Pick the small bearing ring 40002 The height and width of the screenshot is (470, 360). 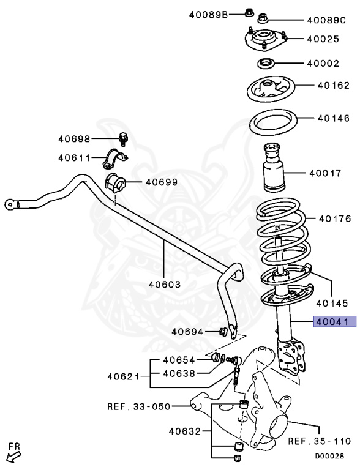(265, 62)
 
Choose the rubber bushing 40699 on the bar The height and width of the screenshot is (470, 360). (114, 182)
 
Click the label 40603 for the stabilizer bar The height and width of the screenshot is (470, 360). (164, 283)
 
